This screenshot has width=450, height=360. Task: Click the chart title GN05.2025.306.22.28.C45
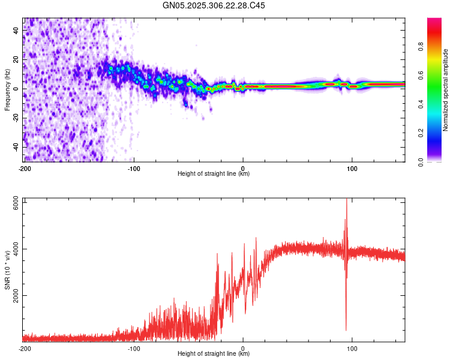[x=214, y=5]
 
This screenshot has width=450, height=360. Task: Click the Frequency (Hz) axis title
[x=7, y=89]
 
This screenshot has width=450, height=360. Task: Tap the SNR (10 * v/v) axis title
[x=7, y=269]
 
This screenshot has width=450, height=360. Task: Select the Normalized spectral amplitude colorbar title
[x=446, y=89]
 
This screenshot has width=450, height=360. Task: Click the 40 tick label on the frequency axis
[x=16, y=31]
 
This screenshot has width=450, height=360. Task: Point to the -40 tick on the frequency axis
[x=16, y=146]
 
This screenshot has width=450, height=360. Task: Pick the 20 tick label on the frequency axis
[x=16, y=59]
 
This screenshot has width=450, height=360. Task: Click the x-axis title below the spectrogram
[x=214, y=174]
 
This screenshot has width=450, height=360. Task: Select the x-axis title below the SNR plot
[x=214, y=354]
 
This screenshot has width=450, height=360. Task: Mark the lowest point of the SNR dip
[x=346, y=330]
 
